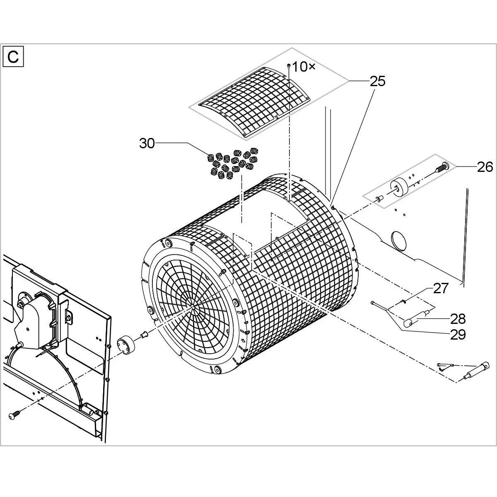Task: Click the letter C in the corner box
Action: coord(13,57)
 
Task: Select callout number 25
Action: coord(377,81)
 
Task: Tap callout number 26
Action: coord(485,167)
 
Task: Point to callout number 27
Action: coord(441,289)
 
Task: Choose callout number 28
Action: coord(458,319)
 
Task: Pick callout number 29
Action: coord(458,335)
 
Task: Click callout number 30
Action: coord(147,143)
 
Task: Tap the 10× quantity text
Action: coord(304,67)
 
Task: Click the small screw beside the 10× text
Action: coord(289,66)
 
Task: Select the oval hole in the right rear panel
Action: coord(399,240)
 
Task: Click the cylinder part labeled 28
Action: coord(416,319)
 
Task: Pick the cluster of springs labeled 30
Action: coord(232,163)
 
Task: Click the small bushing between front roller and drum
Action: coord(144,335)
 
